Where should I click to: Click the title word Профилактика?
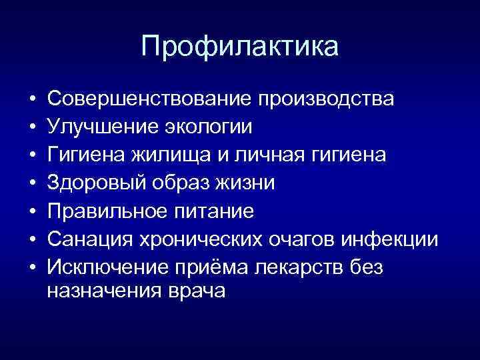coord(240,47)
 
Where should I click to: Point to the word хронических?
coord(190,239)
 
